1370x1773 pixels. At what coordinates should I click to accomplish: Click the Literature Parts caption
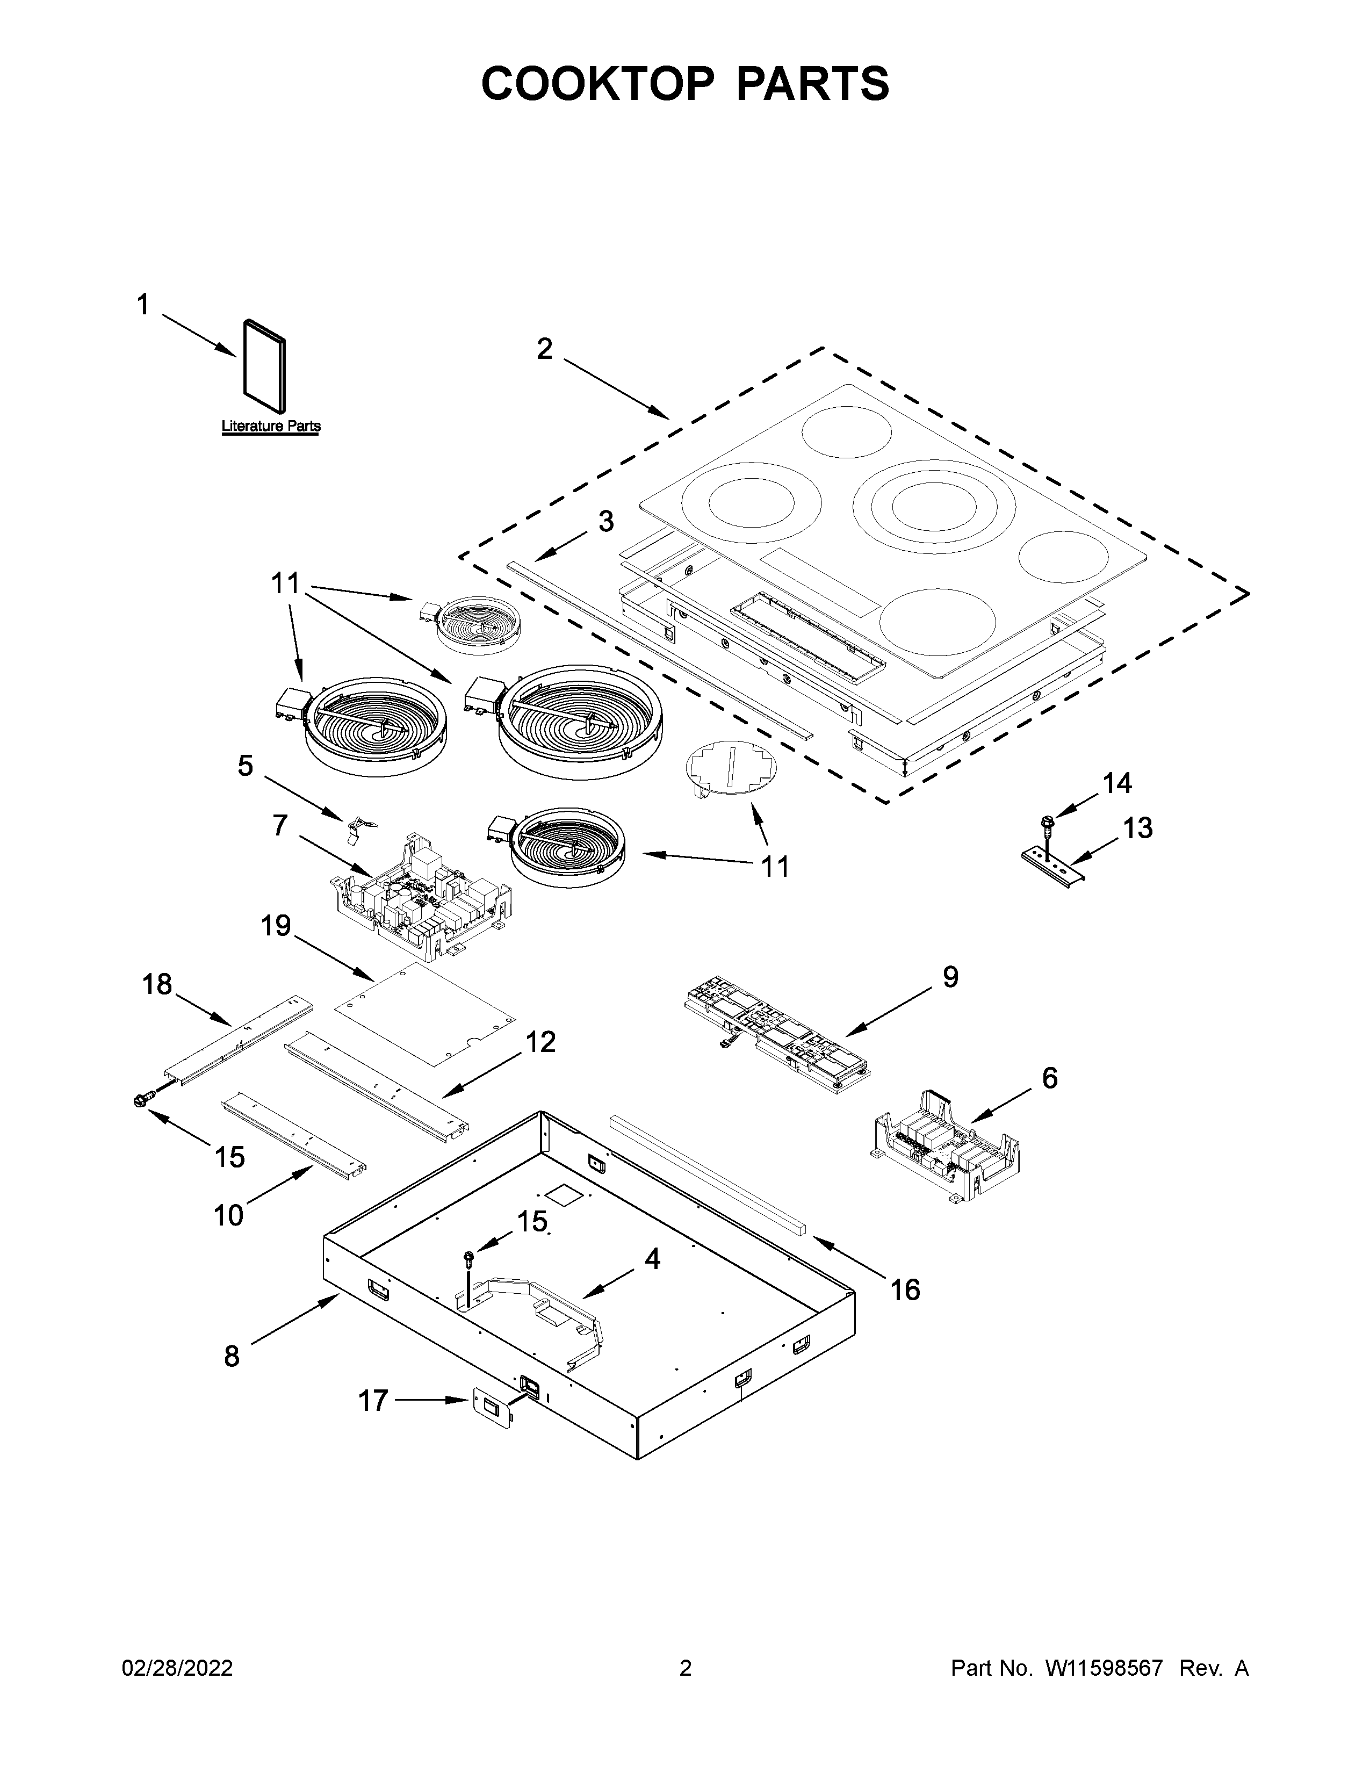(x=270, y=426)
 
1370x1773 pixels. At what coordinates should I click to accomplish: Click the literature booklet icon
(x=264, y=365)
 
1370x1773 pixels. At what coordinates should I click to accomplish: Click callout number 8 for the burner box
(x=232, y=1356)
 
